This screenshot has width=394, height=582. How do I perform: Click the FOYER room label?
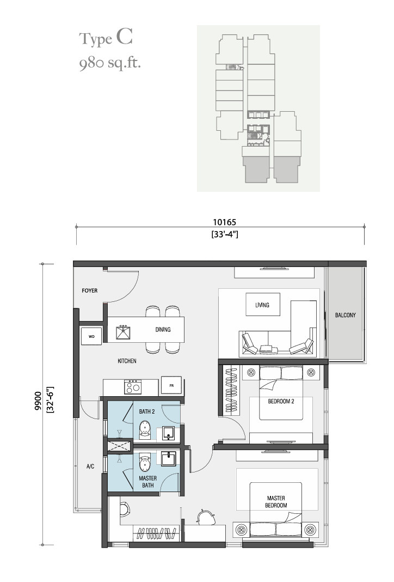90,290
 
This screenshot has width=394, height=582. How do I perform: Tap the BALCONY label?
345,315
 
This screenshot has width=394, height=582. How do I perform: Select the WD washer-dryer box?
91,337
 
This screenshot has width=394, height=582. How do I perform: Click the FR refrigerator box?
171,386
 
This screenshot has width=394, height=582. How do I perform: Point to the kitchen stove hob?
133,387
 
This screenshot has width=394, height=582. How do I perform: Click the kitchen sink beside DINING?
123,332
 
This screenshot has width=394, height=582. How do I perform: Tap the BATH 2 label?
147,411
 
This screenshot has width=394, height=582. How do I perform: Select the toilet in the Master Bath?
144,463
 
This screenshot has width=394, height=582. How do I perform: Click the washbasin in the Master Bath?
169,458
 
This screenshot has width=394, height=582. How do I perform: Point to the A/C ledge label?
90,466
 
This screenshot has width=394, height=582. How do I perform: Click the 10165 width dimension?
224,222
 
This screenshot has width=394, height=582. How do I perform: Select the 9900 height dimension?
38,401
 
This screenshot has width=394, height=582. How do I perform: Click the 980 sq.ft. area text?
110,63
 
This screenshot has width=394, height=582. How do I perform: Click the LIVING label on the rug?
262,305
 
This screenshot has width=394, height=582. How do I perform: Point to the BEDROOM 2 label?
281,401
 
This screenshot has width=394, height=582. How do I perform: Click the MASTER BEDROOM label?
276,501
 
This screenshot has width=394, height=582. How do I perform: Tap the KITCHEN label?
127,361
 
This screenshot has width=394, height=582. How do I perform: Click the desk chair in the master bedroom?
206,517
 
